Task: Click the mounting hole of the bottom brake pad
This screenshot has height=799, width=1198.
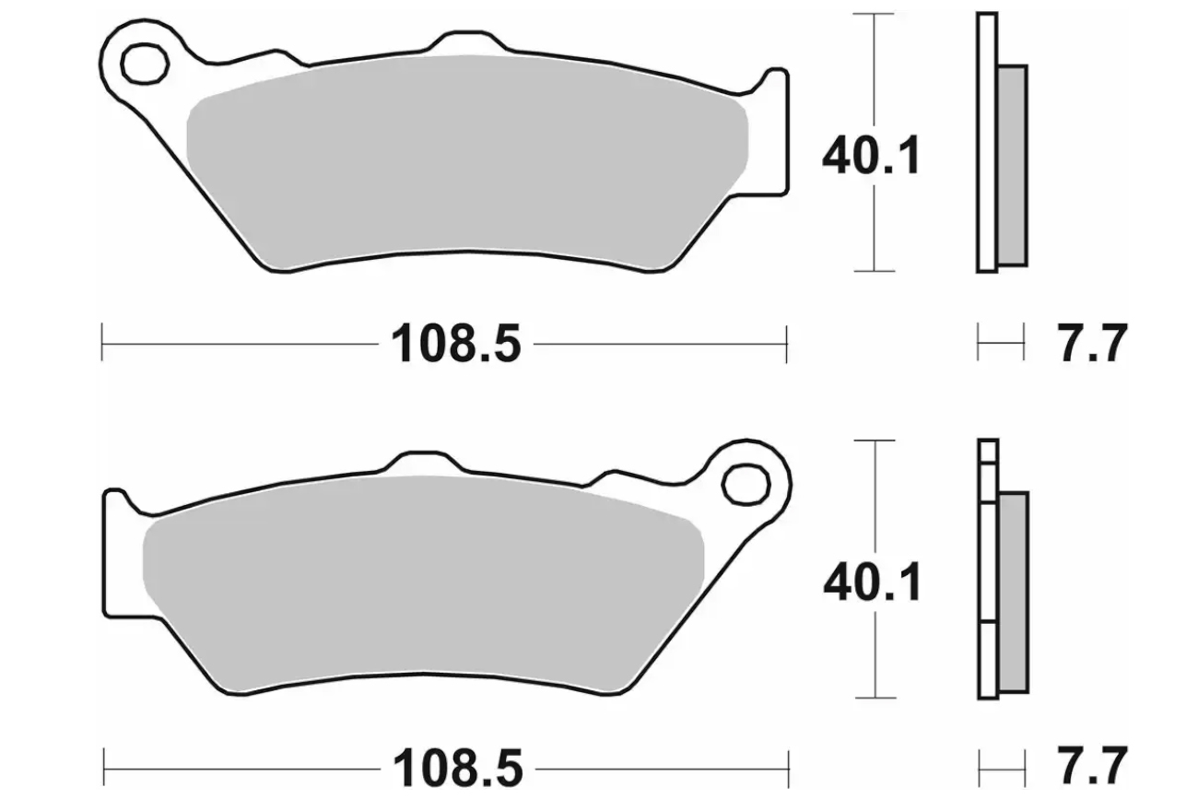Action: (x=746, y=485)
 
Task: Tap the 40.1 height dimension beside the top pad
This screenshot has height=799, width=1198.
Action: (x=871, y=156)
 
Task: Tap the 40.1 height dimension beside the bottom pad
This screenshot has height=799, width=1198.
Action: (x=873, y=582)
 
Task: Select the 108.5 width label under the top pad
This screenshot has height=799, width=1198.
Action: (x=455, y=344)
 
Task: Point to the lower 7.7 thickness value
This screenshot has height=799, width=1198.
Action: (x=1093, y=768)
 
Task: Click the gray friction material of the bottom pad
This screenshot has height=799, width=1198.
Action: (x=423, y=583)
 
